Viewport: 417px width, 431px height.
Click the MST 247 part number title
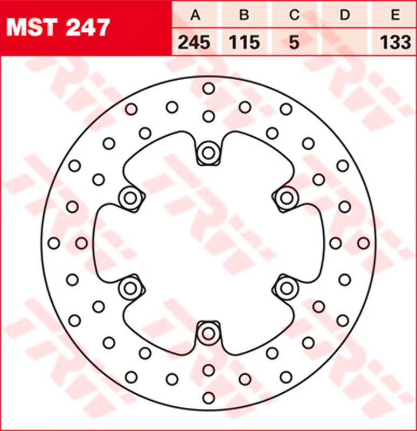[58, 27]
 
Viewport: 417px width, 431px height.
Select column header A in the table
[196, 15]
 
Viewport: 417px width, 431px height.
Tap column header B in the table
[245, 15]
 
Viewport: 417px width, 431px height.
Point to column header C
[294, 15]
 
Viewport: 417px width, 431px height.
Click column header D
[345, 15]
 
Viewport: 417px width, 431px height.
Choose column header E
[395, 15]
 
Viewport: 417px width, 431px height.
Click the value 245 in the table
[194, 43]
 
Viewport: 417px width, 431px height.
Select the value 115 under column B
[245, 43]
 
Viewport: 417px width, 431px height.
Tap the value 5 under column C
[294, 43]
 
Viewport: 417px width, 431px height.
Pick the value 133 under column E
[395, 43]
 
